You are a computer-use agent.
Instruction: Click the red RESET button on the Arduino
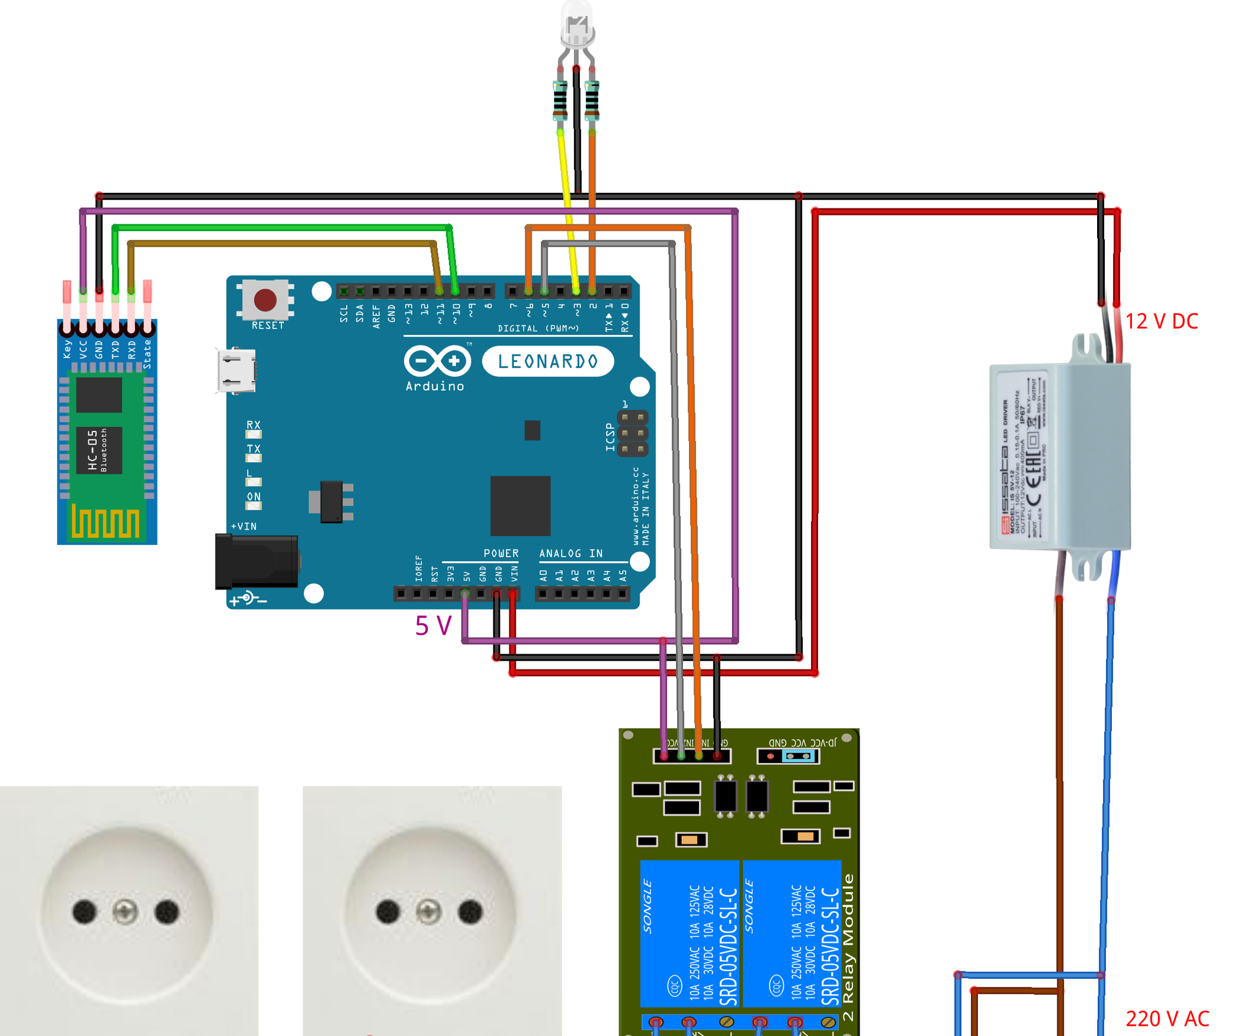[x=265, y=300]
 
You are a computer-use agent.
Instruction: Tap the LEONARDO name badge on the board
[x=548, y=361]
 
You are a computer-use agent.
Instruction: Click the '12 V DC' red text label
[x=1161, y=321]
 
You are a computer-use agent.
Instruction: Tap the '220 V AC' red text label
[x=1167, y=1019]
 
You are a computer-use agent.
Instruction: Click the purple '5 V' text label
[x=433, y=626]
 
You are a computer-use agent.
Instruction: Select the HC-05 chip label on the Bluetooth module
[x=98, y=450]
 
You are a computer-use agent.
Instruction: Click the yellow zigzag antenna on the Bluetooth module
[x=106, y=522]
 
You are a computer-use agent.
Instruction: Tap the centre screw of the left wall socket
[x=125, y=912]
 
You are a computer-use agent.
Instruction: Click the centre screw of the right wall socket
[x=428, y=912]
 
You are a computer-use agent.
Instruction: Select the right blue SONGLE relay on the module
[x=792, y=934]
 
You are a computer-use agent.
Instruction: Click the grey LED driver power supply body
[x=1060, y=456]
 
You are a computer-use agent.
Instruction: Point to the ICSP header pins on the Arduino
[x=633, y=433]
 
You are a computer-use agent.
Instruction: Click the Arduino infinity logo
[x=438, y=361]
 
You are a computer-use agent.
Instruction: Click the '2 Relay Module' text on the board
[x=848, y=947]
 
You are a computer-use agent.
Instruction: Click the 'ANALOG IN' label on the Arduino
[x=570, y=554]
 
